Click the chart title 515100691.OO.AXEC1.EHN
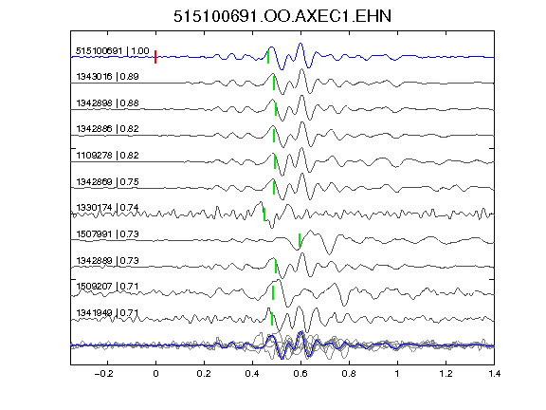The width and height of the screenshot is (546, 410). pos(282,16)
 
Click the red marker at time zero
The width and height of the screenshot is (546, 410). pos(155,57)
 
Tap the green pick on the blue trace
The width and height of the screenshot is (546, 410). pos(268,57)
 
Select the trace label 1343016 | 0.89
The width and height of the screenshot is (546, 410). pos(107,76)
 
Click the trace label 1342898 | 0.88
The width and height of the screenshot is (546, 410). pos(107,103)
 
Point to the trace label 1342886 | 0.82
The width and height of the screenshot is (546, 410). pos(107,129)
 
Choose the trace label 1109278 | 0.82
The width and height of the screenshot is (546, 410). pos(107,155)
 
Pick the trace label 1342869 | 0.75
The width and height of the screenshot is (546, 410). pos(107,181)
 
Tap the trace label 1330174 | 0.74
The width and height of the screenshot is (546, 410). pos(107,208)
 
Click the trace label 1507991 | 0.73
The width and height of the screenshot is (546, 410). pos(107,233)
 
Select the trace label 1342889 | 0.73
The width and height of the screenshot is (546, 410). pos(107,260)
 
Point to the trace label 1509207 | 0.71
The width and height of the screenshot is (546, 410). pos(107,287)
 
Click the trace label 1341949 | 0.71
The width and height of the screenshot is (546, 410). pos(107,313)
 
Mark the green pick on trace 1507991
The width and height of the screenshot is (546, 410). pos(300,240)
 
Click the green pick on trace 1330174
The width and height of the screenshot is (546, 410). pos(264,214)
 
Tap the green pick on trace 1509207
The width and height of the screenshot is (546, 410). pos(273,292)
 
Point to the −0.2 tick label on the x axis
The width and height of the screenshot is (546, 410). pos(104,374)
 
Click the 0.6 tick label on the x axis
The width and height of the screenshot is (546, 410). pos(300,374)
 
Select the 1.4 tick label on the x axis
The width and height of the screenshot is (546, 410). pos(494,374)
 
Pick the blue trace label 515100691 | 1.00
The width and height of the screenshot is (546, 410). pos(113,51)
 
